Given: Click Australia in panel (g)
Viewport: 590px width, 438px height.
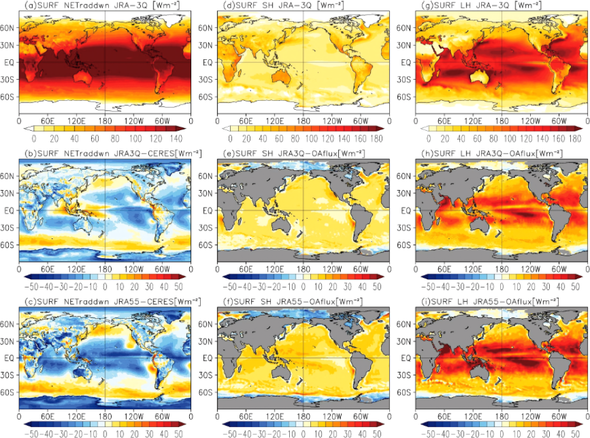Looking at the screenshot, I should click(x=480, y=75).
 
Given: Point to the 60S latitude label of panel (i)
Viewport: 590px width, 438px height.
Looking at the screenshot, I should click(x=407, y=393).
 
